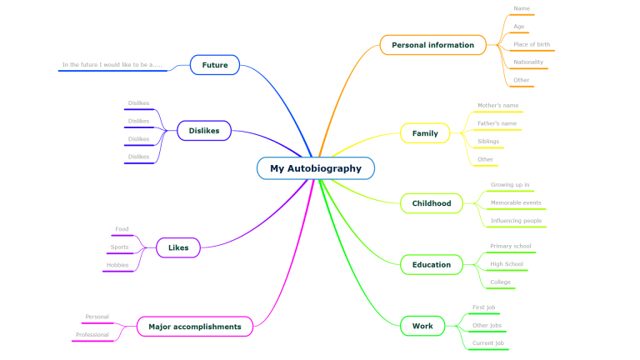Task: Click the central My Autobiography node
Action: pos(316,168)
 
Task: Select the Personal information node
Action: pos(432,45)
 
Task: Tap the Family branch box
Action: pos(425,133)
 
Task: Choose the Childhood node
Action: pos(432,203)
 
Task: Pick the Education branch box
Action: pos(432,265)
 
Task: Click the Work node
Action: pos(422,326)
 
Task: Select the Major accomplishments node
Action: pos(195,327)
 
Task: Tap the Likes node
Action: pos(178,247)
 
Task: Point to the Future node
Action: pos(215,65)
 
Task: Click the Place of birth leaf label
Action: pos(532,44)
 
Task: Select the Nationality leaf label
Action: pos(528,62)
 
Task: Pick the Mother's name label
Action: pos(497,106)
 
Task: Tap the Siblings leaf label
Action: pos(488,142)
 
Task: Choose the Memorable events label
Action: pos(516,202)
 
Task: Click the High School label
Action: pos(507,264)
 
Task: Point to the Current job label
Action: pos(487,342)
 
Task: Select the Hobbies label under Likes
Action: pos(117,265)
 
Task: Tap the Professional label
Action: pos(92,335)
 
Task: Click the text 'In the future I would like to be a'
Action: pos(112,64)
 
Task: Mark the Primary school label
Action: pos(511,246)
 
